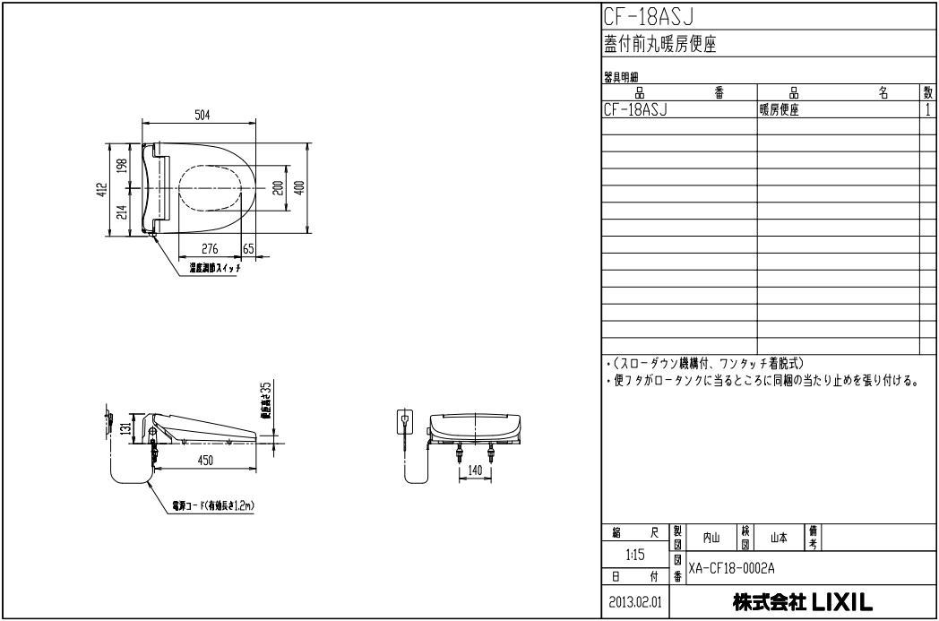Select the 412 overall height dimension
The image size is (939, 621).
tap(103, 190)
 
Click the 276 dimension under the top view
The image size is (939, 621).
tap(211, 249)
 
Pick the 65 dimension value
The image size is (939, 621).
tap(248, 249)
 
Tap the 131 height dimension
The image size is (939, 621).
tap(127, 427)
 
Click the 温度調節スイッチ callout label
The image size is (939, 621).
tap(213, 268)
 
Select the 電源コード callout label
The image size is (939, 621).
tap(213, 506)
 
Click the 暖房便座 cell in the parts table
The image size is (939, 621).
tap(780, 110)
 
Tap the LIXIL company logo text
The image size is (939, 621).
tap(803, 601)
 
